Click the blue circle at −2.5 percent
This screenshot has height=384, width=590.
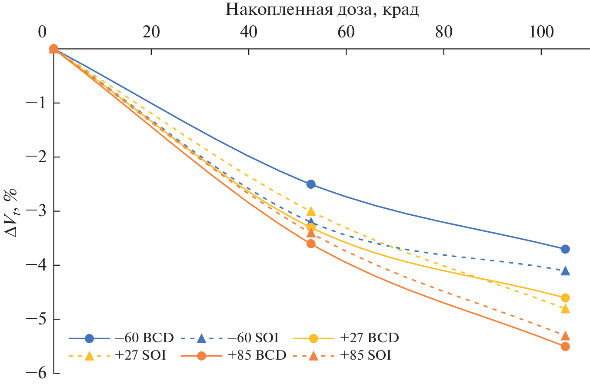tap(311, 184)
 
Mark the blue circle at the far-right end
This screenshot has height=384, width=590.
tap(565, 249)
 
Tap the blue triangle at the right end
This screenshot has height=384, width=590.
tap(565, 271)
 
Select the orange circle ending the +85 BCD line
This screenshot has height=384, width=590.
tap(565, 347)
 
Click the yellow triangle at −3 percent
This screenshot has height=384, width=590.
tap(311, 211)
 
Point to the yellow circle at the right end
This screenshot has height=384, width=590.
tap(565, 298)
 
